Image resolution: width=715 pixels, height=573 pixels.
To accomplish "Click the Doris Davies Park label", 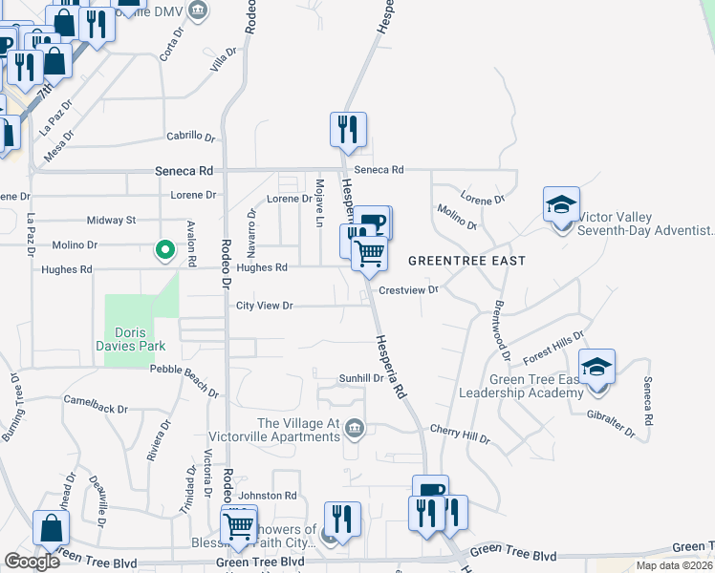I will click(x=133, y=337).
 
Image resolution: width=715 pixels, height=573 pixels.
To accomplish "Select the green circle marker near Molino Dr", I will click(x=164, y=251).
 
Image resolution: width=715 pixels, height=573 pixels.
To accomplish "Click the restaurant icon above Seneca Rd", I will click(x=348, y=129).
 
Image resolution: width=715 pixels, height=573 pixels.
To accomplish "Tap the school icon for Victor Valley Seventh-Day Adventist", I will click(x=561, y=204).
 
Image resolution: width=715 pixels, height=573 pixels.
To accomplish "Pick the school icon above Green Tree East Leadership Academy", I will click(x=596, y=367).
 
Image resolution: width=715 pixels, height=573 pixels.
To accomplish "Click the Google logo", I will click(x=32, y=561).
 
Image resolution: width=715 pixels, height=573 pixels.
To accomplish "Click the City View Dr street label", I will click(x=264, y=306).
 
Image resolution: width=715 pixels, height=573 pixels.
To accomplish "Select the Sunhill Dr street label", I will click(x=361, y=378).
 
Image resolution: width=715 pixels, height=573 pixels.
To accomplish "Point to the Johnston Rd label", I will click(x=268, y=495).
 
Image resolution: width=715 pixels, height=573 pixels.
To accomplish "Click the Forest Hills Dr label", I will click(x=552, y=349).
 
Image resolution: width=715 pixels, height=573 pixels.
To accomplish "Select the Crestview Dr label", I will click(x=408, y=288).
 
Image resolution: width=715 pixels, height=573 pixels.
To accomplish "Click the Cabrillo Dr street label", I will click(x=190, y=137).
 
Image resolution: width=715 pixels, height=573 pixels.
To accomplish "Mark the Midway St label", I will click(x=111, y=220).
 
